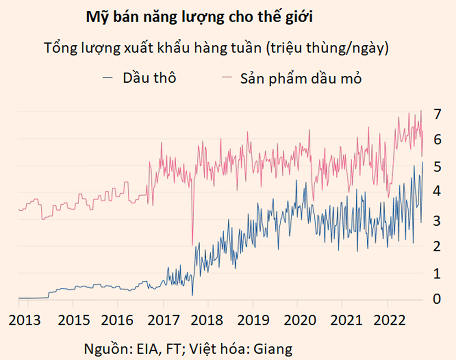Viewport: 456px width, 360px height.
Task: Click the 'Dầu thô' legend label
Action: (x=149, y=78)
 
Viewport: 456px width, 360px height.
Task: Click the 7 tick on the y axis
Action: (x=437, y=114)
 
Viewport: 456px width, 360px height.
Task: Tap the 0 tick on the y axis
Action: (x=437, y=299)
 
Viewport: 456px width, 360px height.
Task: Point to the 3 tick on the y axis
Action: (x=437, y=220)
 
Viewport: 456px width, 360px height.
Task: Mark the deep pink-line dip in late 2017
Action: (x=192, y=244)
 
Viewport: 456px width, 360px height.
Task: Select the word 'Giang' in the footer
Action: (x=276, y=349)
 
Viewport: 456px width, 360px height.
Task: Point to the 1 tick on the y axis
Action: (x=437, y=273)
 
